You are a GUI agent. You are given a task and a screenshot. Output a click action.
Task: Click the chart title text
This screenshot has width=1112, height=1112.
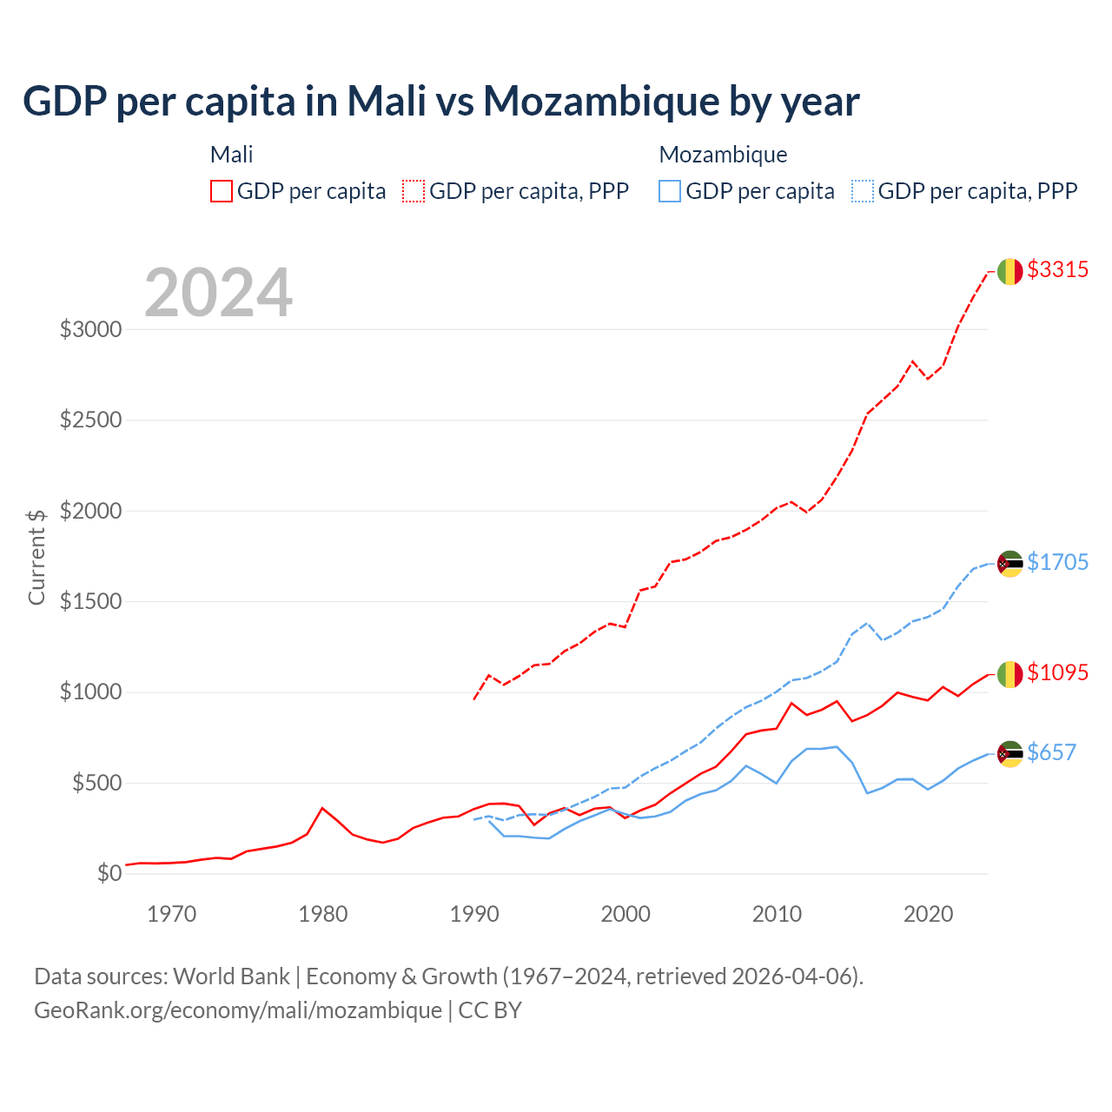[x=441, y=101]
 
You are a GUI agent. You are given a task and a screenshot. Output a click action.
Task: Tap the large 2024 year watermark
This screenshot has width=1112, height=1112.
[x=218, y=293]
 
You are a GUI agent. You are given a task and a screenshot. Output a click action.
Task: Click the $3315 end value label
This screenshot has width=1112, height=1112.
[x=1057, y=269]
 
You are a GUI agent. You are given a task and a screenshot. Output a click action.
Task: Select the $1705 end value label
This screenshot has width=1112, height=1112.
[x=1057, y=562]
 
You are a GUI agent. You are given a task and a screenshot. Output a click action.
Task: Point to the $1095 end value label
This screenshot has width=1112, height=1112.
[x=1057, y=672]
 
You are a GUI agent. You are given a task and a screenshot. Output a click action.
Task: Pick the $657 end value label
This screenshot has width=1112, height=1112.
[x=1051, y=752]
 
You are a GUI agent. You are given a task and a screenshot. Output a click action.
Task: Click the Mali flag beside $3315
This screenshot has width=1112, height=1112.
[x=1009, y=271]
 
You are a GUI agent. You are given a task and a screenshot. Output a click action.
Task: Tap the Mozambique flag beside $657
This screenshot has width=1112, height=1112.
[x=1009, y=754]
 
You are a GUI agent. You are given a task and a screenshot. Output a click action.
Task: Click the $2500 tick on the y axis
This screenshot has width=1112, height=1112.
[x=90, y=420]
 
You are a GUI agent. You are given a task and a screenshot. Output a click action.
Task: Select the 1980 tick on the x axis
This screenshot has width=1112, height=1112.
[x=323, y=914]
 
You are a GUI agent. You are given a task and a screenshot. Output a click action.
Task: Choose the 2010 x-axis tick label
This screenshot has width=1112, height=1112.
[x=777, y=914]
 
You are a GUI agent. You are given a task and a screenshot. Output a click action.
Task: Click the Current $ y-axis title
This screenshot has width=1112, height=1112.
[x=36, y=557]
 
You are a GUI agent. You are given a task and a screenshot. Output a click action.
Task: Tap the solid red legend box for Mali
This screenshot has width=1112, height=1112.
[x=222, y=191]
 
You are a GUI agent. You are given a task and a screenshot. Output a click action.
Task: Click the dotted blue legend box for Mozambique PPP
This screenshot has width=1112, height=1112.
[x=863, y=191]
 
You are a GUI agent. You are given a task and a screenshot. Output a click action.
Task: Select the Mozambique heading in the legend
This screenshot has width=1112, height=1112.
[x=723, y=155]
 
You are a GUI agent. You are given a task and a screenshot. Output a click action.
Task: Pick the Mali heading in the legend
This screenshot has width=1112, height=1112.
[x=231, y=155]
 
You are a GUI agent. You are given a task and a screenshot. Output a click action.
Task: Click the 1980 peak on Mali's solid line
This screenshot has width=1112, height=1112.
[x=322, y=808]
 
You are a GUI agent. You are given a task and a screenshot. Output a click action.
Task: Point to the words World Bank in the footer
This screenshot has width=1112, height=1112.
[x=231, y=976]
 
